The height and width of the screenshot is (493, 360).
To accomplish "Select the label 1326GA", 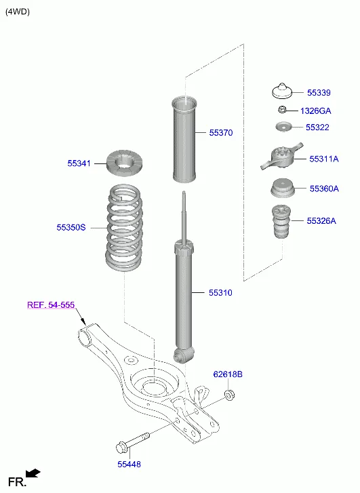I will click(x=315, y=111).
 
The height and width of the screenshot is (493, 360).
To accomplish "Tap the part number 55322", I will click(x=317, y=127).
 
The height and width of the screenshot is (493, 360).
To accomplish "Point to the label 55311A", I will click(x=323, y=159).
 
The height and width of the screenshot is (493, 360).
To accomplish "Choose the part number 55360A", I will click(x=323, y=189).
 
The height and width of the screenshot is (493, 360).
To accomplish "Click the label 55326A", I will click(x=321, y=221).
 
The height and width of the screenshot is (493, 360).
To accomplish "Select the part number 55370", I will click(x=220, y=133).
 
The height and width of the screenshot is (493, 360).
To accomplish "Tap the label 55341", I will click(x=79, y=163).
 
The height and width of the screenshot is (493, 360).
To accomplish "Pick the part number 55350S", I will click(x=71, y=228).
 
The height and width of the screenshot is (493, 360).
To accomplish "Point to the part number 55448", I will click(x=129, y=464).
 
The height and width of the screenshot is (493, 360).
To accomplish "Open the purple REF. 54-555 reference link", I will click(x=50, y=305).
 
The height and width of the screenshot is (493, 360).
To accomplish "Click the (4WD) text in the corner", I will click(x=18, y=12).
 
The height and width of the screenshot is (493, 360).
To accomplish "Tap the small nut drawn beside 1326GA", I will click(x=281, y=110).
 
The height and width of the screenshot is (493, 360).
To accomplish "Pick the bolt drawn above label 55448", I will click(x=132, y=442).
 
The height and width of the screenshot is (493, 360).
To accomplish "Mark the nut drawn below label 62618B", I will click(x=229, y=394).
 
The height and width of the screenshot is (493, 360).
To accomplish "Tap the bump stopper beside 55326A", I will click(x=281, y=222).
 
